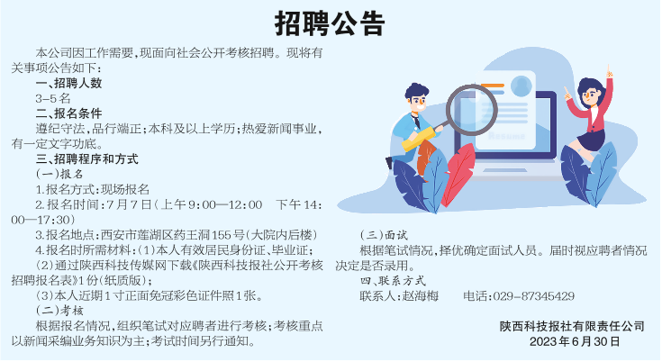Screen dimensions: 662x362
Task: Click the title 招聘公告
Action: [330, 23]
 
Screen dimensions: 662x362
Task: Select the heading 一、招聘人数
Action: [68, 83]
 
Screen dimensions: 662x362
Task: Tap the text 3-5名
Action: [53, 99]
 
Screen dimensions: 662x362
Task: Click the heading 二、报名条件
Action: [68, 113]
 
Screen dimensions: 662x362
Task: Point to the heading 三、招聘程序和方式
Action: [87, 159]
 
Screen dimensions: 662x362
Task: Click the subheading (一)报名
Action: [59, 175]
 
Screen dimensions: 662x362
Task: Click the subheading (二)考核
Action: [59, 311]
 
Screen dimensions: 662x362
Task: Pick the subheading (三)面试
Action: [384, 235]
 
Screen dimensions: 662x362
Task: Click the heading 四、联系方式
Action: [393, 281]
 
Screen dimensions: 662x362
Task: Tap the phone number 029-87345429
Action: [533, 296]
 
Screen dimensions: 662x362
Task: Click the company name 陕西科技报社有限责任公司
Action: [572, 326]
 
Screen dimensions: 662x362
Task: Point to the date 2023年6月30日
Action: [575, 341]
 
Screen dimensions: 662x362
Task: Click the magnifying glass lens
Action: [472, 110]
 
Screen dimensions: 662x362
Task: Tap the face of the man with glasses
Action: [418, 102]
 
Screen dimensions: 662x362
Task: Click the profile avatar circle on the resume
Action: [521, 86]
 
